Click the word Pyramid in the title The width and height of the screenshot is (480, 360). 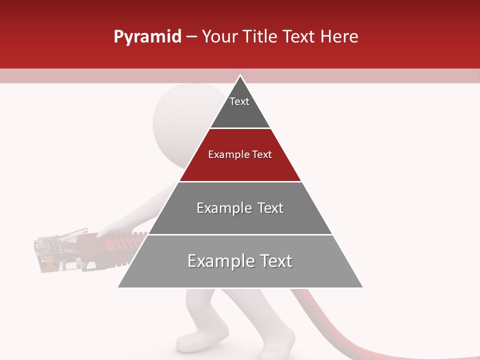[147, 37]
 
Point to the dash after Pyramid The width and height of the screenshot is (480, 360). [191, 37]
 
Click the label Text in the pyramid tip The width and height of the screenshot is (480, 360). [239, 101]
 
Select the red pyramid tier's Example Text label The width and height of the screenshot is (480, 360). [240, 154]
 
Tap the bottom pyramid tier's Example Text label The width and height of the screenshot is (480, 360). [240, 261]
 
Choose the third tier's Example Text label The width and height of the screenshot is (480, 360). [240, 208]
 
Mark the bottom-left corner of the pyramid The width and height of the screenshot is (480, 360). [118, 287]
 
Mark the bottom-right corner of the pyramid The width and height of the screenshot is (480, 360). [362, 287]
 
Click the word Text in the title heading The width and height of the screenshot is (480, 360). [300, 37]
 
